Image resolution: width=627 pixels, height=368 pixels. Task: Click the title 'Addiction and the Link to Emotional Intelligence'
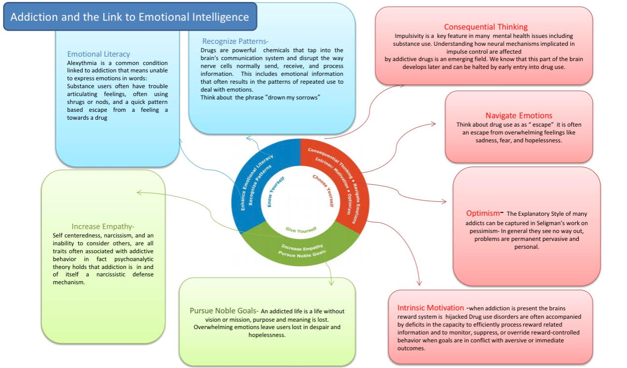pyautogui.click(x=130, y=17)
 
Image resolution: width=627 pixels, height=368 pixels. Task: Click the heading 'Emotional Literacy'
pyautogui.click(x=99, y=54)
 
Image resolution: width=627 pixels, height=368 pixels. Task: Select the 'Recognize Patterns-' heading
pyautogui.click(x=236, y=41)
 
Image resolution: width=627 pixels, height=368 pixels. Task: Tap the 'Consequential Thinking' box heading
pyautogui.click(x=485, y=27)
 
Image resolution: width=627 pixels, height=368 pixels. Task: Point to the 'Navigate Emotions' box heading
pyautogui.click(x=519, y=116)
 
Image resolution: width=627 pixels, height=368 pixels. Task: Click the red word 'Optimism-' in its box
pyautogui.click(x=484, y=213)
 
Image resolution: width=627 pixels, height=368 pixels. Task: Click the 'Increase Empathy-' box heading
pyautogui.click(x=103, y=227)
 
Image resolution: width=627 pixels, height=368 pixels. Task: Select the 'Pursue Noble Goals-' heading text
pyautogui.click(x=224, y=311)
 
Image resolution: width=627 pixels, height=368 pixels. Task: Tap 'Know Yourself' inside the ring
pyautogui.click(x=277, y=193)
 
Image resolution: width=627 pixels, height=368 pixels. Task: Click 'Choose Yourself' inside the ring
pyautogui.click(x=323, y=191)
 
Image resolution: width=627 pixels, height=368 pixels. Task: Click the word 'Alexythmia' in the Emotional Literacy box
pyautogui.click(x=83, y=64)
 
